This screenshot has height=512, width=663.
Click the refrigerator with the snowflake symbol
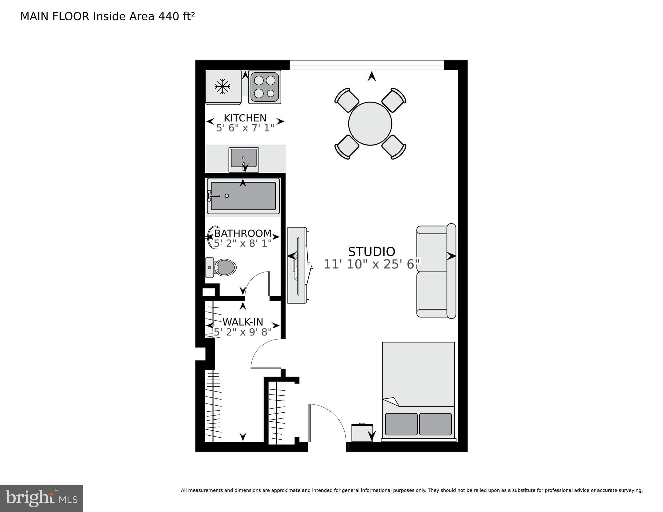[x=223, y=87]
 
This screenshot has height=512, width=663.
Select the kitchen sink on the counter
[x=244, y=158]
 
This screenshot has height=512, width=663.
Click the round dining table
[x=370, y=124]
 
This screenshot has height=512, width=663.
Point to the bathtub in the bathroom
[x=243, y=196]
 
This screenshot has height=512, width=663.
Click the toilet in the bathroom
[x=222, y=267]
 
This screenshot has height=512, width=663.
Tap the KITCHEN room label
[x=245, y=118]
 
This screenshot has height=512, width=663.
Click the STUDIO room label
[x=371, y=251]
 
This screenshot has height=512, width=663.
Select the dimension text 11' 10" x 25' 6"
[x=371, y=265]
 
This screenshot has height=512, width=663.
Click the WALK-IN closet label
[x=243, y=322]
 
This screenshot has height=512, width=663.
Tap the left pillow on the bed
[x=401, y=424]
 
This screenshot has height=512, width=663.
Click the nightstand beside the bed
[x=362, y=433]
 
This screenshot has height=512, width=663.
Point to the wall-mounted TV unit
[x=297, y=265]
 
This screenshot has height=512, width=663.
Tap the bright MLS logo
[x=41, y=498]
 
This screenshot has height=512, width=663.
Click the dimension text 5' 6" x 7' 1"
[x=245, y=128]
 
